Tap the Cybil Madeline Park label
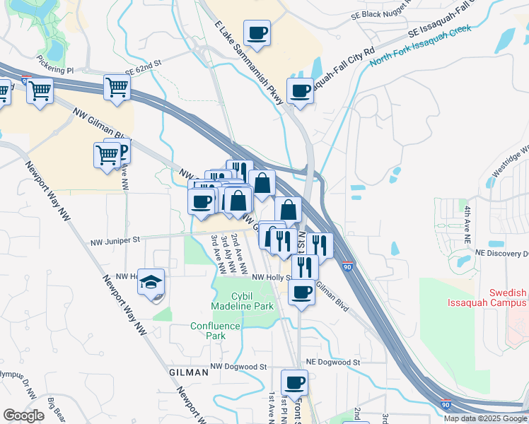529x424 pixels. click(243, 302)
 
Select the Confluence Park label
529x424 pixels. click(207, 331)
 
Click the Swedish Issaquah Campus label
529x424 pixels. click(508, 298)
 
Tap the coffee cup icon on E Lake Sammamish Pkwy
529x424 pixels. click(257, 33)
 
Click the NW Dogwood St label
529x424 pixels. click(238, 367)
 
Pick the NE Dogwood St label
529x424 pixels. click(333, 362)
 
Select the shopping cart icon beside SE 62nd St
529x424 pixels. click(117, 88)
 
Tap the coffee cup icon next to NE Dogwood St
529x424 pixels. click(295, 383)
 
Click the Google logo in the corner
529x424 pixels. click(23, 416)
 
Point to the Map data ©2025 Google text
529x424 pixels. click(485, 418)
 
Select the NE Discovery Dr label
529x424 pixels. click(502, 252)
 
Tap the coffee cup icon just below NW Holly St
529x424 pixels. click(301, 293)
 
